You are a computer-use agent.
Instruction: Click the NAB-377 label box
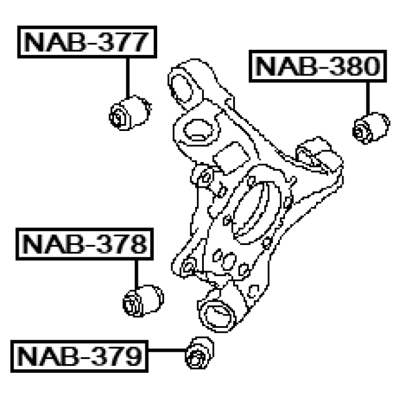tap(87, 42)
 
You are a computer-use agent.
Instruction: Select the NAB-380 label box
tap(318, 66)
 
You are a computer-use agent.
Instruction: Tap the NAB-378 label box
tap(85, 244)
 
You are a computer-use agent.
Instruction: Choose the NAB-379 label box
tap(79, 356)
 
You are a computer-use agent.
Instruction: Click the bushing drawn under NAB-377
tap(130, 113)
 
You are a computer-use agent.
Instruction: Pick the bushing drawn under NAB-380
tap(372, 128)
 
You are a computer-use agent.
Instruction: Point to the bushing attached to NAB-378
tap(143, 300)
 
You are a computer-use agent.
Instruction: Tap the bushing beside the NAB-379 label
tap(199, 353)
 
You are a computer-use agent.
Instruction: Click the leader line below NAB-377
tap(128, 78)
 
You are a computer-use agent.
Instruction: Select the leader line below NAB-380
tap(368, 99)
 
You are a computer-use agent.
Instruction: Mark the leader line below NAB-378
tap(137, 274)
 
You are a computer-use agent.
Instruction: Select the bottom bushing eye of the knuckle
tap(217, 316)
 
